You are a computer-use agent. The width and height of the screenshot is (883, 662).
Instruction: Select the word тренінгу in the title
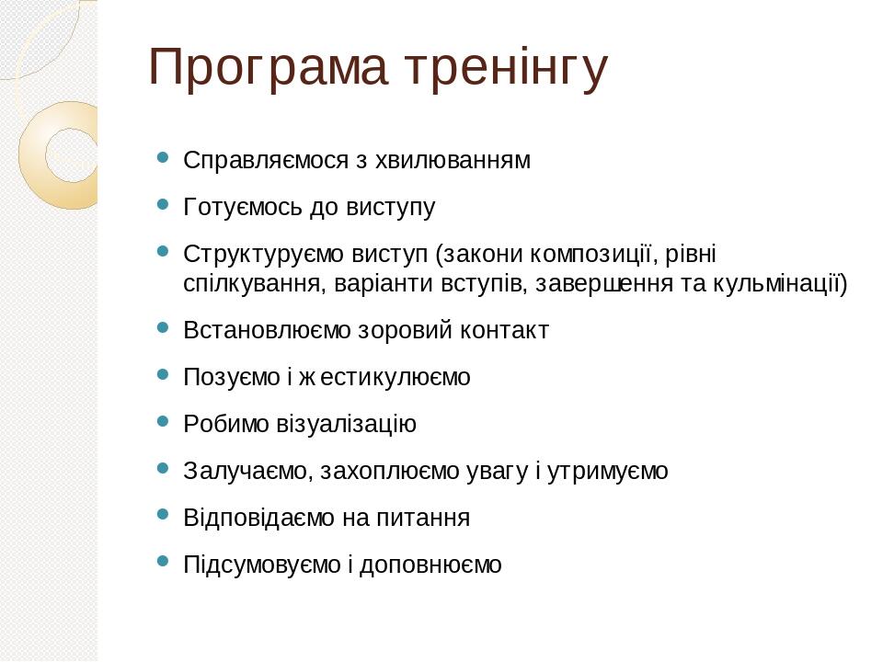(x=507, y=69)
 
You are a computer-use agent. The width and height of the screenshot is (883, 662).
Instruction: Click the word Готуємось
(x=243, y=207)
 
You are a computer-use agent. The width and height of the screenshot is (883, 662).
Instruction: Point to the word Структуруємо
(x=263, y=255)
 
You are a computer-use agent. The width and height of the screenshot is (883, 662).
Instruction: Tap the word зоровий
(x=405, y=330)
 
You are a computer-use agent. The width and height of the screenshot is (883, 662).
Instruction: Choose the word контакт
(x=504, y=330)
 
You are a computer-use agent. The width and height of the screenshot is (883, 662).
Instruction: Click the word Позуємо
(x=232, y=377)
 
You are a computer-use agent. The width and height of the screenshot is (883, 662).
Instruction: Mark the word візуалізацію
(x=346, y=424)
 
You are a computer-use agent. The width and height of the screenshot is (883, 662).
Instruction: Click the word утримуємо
(x=608, y=471)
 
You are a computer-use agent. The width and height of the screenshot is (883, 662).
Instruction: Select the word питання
(x=422, y=518)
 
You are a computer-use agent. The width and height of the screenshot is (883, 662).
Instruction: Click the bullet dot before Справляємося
(x=163, y=157)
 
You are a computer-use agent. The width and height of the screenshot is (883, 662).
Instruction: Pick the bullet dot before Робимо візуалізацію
(x=163, y=420)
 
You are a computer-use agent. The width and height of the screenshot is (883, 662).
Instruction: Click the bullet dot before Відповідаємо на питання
(x=163, y=515)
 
